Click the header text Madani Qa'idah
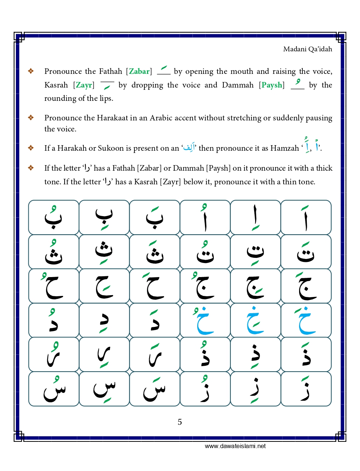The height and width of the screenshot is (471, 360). pos(307,49)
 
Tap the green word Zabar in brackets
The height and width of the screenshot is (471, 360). pos(139,71)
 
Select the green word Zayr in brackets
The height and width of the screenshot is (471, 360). pos(84,85)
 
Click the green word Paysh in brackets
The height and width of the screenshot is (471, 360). pos(272,85)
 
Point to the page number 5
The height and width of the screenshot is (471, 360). pos(180,422)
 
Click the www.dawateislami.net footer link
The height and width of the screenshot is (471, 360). pos(235,446)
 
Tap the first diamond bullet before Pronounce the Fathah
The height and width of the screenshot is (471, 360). pos(31,71)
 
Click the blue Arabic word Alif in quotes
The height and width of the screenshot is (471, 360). pos(189,148)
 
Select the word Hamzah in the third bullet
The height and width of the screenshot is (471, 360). pos(284,148)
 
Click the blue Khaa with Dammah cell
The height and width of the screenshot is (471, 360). pos(205,320)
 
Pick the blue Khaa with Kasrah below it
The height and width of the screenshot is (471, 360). pos(256,320)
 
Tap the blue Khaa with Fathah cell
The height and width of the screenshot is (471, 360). pos(306,320)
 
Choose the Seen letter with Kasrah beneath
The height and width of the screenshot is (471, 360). pos(104,389)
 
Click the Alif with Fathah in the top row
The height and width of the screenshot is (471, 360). pos(306,218)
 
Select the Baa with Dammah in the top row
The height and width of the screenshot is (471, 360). pos(54,218)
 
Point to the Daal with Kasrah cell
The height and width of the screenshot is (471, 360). pos(104,320)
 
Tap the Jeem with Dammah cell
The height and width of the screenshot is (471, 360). pos(205,286)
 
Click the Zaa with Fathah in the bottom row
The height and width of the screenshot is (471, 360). pos(306,389)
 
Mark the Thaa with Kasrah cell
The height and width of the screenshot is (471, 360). pos(104,252)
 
